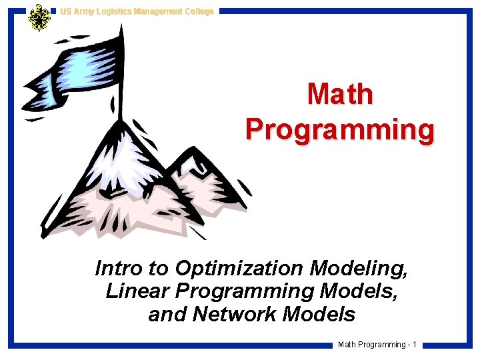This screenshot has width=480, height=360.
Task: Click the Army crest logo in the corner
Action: point(39,17)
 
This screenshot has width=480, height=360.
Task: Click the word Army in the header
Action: point(83,11)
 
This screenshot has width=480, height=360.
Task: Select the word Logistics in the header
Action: point(114,11)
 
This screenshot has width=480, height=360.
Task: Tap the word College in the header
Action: point(197,11)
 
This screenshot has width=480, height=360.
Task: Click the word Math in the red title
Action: point(340,95)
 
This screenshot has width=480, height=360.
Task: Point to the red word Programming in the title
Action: point(340,129)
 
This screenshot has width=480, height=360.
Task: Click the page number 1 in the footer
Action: point(414,345)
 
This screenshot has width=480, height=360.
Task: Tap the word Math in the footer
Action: point(348,345)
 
